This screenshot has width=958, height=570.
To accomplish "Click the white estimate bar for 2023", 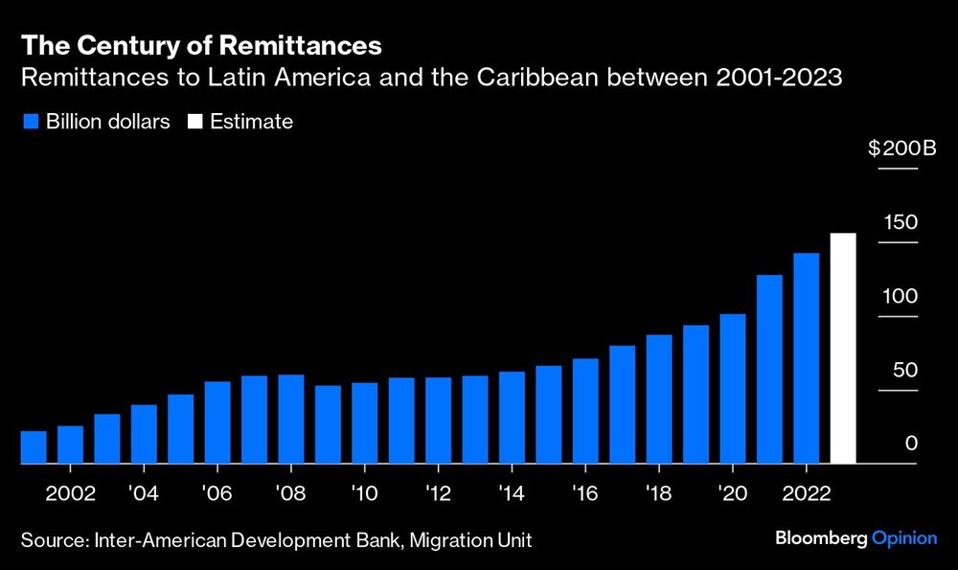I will tap(843, 349).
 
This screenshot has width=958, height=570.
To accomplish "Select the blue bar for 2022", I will tap(807, 358).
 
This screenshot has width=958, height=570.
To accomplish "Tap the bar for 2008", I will tap(291, 419).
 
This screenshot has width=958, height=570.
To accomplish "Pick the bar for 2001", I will tap(34, 447).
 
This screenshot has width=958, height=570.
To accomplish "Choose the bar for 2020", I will tap(733, 389).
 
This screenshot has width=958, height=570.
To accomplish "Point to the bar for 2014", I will tap(512, 418).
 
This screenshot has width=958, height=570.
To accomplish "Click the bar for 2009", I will tap(328, 424).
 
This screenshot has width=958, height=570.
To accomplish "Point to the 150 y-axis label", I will tap(901, 222).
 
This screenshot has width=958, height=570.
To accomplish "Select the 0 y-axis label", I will tap(911, 445).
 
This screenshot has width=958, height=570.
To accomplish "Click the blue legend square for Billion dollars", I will tap(29, 122).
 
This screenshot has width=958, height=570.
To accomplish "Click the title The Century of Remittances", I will tap(201, 45).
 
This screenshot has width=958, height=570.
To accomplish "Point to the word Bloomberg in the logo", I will tap(822, 539).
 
